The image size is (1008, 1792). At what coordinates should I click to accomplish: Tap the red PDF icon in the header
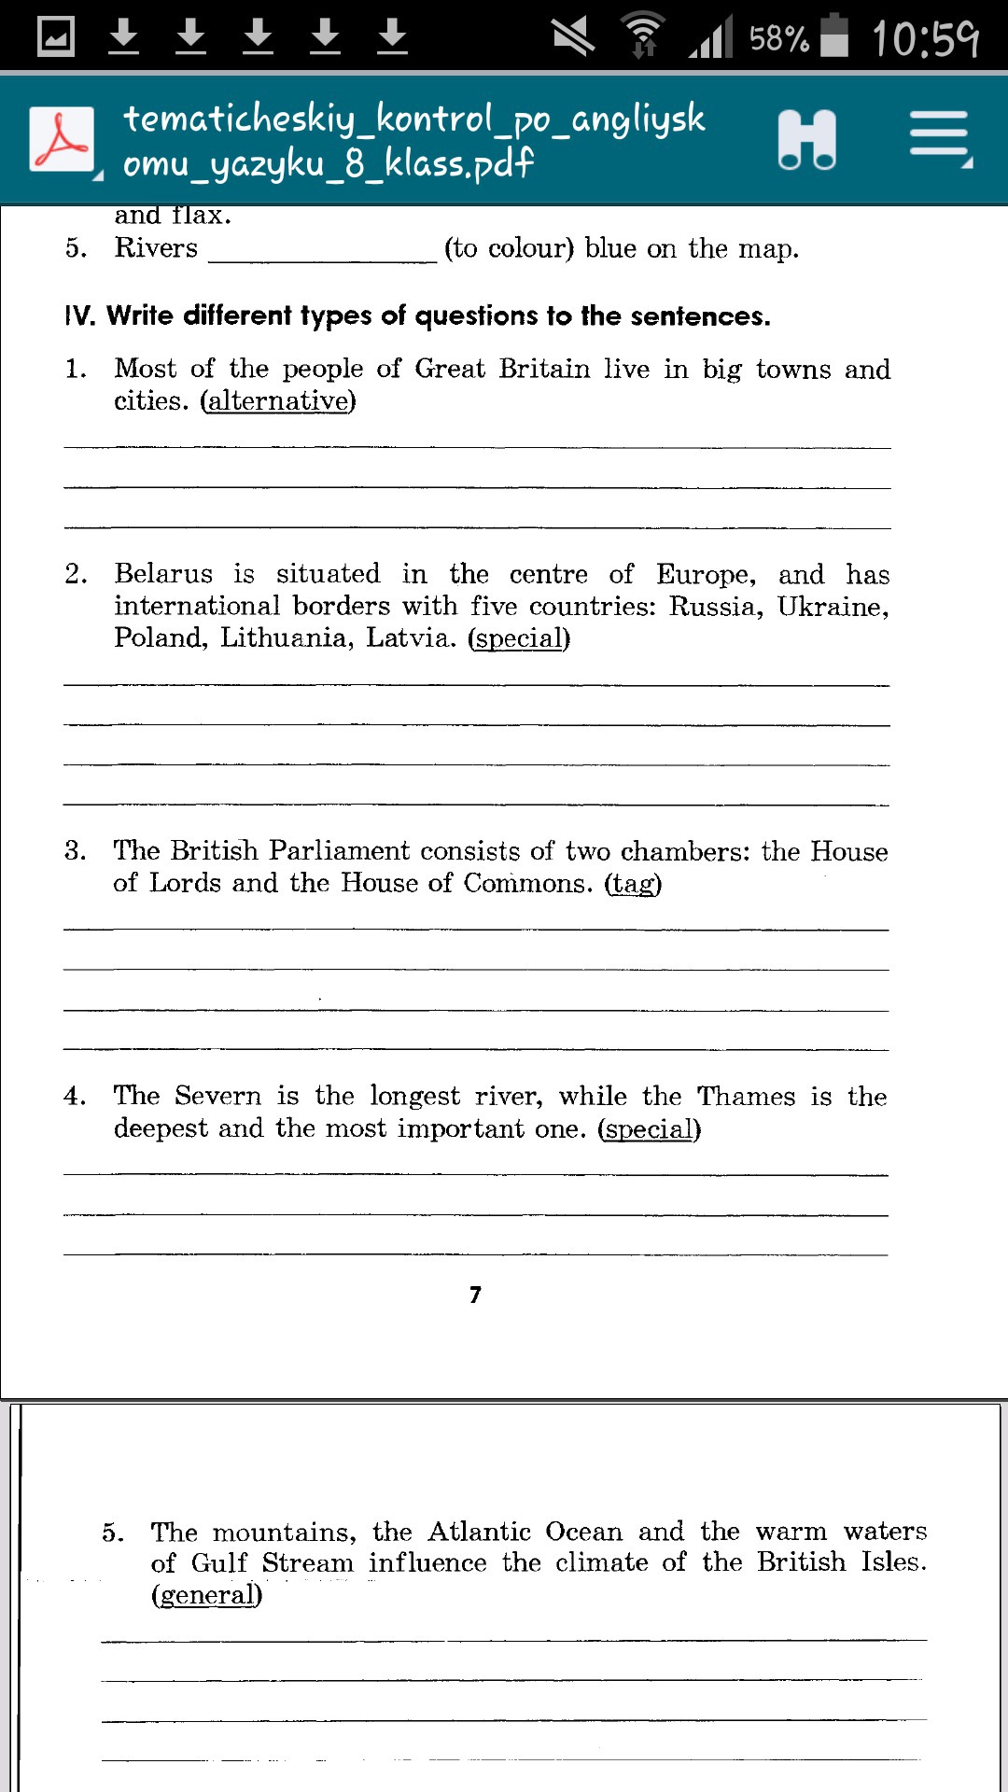click(62, 139)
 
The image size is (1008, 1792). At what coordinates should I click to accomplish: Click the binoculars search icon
click(806, 140)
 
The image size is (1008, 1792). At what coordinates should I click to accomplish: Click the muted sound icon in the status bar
click(572, 36)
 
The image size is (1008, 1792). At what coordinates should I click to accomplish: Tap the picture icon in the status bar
click(55, 36)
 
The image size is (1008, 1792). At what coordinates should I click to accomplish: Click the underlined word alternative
click(278, 401)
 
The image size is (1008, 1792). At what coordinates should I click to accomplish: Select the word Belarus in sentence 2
click(163, 573)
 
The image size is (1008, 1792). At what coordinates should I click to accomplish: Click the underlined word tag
click(633, 884)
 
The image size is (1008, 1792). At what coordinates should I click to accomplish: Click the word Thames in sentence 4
click(747, 1096)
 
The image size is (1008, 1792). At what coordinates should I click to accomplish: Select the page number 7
click(475, 1295)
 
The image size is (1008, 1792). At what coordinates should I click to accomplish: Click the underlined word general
click(206, 1595)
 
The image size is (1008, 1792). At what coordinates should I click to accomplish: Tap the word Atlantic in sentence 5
click(479, 1532)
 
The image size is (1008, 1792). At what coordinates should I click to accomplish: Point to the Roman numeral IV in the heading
click(79, 315)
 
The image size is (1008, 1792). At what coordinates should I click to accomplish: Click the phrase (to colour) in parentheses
click(509, 248)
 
